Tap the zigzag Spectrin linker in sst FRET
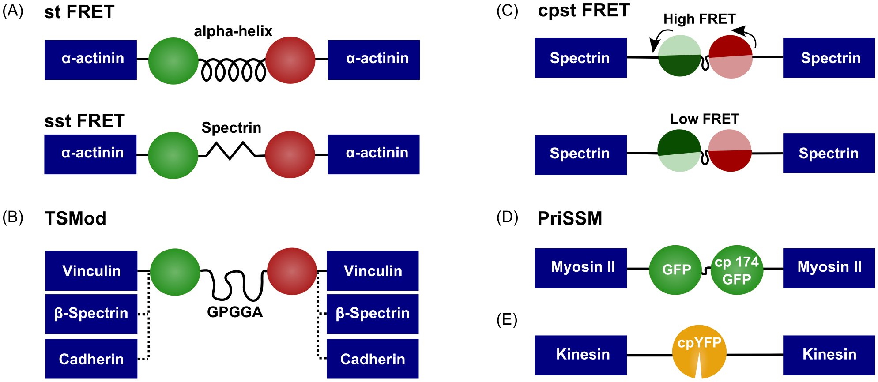click(x=230, y=150)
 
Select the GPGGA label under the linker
click(x=235, y=312)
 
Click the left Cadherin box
click(x=91, y=359)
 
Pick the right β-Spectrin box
click(x=373, y=313)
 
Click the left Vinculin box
click(x=91, y=270)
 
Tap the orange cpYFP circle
click(x=699, y=352)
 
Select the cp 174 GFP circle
click(x=737, y=270)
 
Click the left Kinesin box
click(x=580, y=355)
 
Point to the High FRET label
click(x=699, y=19)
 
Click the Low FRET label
click(x=705, y=119)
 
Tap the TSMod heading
click(x=75, y=218)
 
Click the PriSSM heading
click(x=569, y=218)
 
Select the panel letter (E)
click(x=507, y=319)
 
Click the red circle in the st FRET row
click(x=290, y=60)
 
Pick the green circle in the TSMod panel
click(x=175, y=272)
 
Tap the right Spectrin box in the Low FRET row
click(x=829, y=153)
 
